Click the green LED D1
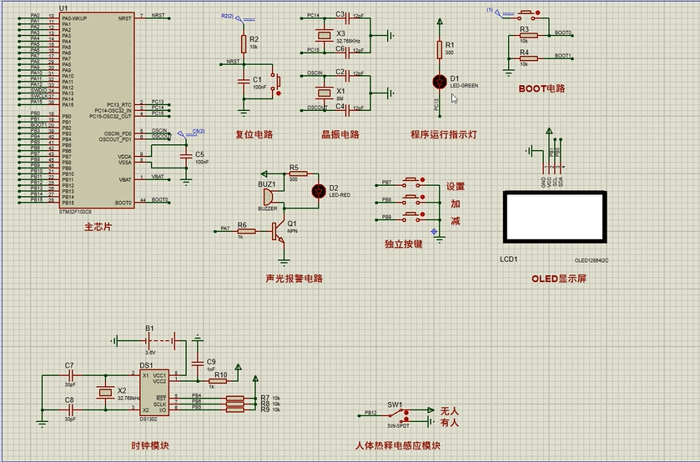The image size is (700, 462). point(440,81)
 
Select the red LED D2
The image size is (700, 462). point(317,190)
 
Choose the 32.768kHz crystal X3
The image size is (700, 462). point(324,36)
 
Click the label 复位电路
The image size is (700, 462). point(254,134)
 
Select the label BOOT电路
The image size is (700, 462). point(541,88)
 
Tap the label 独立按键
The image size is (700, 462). point(403,244)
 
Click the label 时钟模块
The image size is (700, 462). point(150,446)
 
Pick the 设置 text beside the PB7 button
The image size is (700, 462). point(455,187)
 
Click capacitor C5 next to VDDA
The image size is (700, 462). point(186,156)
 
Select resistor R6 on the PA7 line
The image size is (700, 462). point(245,228)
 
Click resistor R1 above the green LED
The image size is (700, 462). point(440,50)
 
